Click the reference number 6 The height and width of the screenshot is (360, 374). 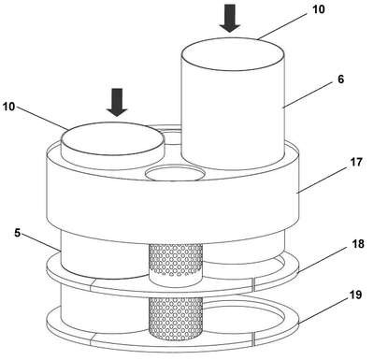click(340, 79)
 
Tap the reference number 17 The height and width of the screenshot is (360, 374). click(355, 162)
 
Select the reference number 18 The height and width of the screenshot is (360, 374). click(358, 243)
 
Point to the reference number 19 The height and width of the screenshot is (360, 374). click(355, 294)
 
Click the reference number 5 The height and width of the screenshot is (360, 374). click(18, 233)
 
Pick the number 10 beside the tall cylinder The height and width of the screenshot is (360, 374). click(319, 9)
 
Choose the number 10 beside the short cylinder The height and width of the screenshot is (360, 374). click(8, 107)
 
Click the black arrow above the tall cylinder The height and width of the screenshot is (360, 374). click(230, 18)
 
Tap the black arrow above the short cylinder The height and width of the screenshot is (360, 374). click(117, 102)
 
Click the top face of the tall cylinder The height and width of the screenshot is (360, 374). click(233, 54)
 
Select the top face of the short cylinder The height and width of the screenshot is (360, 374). click(113, 138)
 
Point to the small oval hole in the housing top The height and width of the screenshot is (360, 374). click(176, 174)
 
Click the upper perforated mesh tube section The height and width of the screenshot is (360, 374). click(176, 261)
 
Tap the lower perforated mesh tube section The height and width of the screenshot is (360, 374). click(176, 318)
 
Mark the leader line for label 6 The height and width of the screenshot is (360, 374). click(309, 95)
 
